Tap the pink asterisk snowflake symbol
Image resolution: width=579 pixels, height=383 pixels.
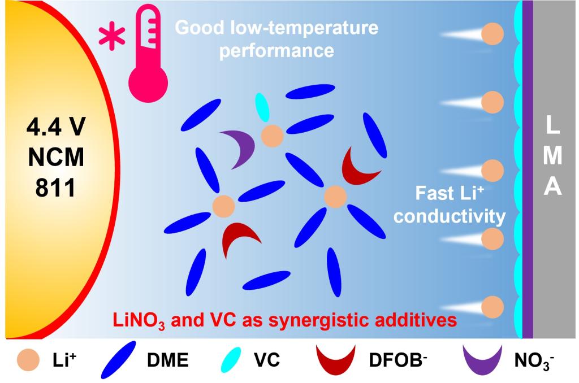pyautogui.click(x=113, y=35)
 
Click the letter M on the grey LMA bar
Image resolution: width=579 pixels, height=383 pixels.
pyautogui.click(x=552, y=159)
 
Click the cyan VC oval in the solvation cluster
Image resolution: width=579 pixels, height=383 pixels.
pyautogui.click(x=262, y=107)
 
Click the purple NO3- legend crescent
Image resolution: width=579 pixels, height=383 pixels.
pyautogui.click(x=483, y=359)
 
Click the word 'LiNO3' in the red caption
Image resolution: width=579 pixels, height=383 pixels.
pyautogui.click(x=134, y=320)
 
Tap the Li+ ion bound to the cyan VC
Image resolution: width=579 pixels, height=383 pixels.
pyautogui.click(x=272, y=136)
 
